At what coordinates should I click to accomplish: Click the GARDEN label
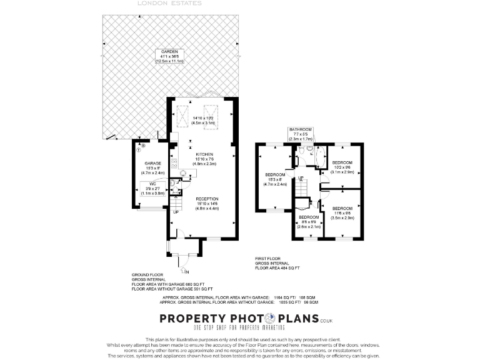[170, 51]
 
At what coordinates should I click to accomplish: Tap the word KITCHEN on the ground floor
[204, 154]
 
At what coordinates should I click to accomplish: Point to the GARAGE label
[153, 163]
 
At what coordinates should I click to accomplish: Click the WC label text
[152, 183]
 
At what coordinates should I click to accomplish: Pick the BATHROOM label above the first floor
[300, 129]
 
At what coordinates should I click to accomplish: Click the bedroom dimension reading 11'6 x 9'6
[342, 213]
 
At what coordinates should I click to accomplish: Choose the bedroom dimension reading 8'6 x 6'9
[309, 222]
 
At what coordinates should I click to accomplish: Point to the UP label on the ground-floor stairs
[175, 212]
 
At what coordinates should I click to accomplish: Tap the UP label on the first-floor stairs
[301, 178]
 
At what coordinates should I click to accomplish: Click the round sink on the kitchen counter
[184, 174]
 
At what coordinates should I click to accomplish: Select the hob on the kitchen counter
[174, 164]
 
